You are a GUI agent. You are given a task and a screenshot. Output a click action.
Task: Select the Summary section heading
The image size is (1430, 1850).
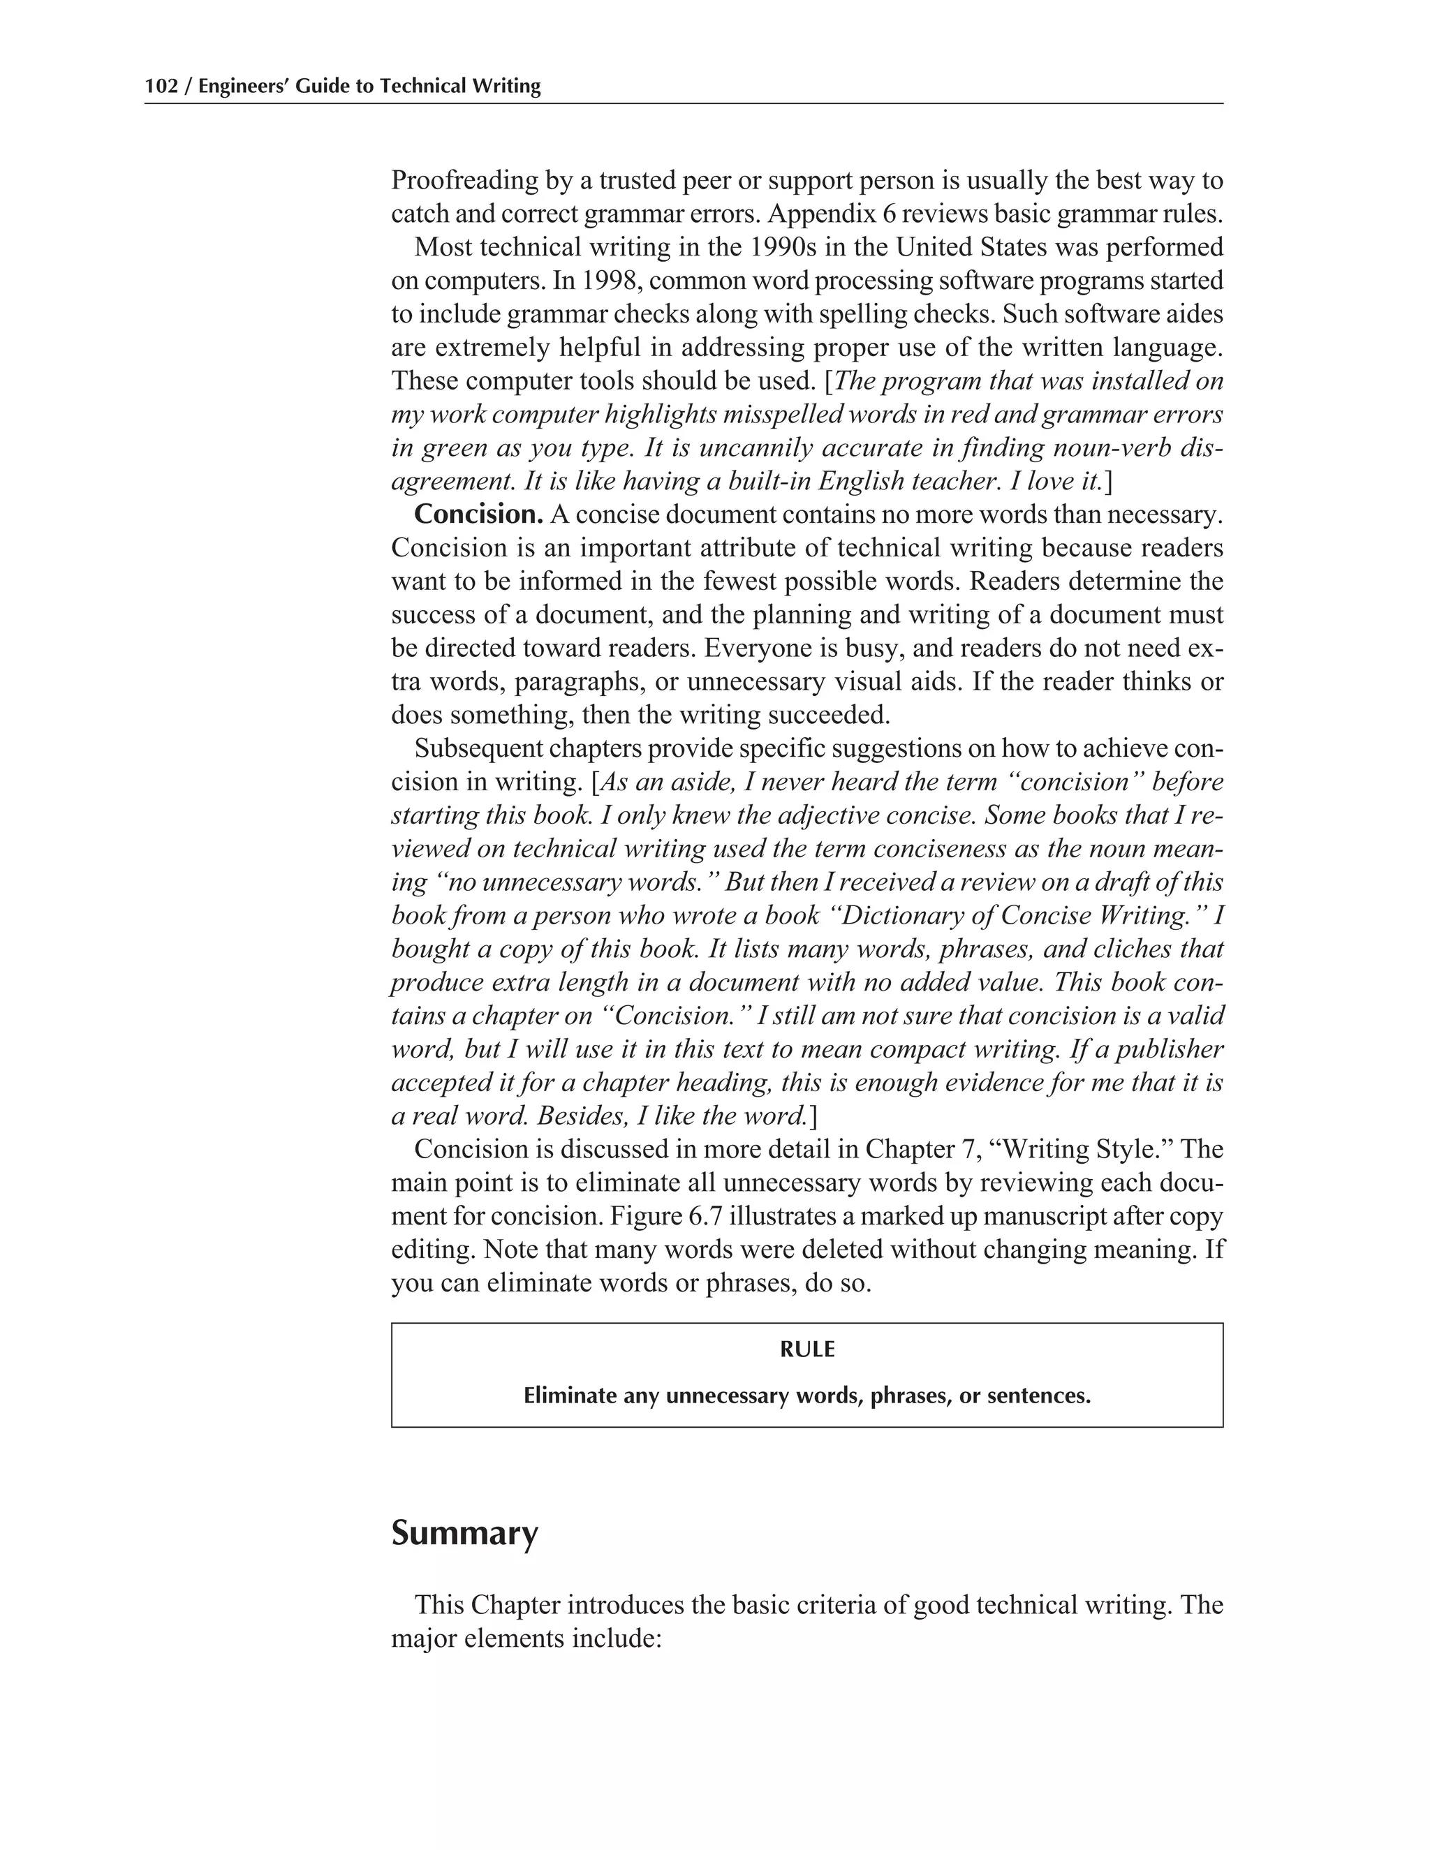464,1533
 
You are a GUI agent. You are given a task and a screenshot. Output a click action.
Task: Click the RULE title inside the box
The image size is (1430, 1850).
807,1349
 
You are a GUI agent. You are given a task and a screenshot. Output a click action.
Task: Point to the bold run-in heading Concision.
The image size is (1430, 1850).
478,515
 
